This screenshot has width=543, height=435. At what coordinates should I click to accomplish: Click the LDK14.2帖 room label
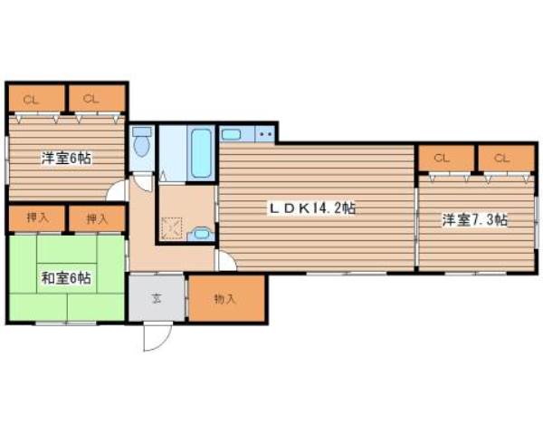click(310, 208)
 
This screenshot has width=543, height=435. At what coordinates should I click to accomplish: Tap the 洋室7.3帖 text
click(474, 219)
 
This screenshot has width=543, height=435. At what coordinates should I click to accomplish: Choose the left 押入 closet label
click(36, 217)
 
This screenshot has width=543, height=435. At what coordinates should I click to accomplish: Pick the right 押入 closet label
click(96, 217)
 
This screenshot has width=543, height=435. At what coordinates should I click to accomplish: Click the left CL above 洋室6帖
click(31, 98)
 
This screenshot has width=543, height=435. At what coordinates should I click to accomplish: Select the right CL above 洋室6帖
click(90, 98)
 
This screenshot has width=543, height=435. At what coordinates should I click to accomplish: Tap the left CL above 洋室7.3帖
click(442, 159)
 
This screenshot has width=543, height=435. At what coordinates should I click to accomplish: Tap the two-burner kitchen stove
click(265, 135)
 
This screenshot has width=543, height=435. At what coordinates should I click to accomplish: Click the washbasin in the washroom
click(204, 232)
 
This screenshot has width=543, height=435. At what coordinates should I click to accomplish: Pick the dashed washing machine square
click(172, 223)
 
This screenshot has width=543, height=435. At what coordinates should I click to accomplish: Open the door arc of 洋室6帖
click(116, 191)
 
